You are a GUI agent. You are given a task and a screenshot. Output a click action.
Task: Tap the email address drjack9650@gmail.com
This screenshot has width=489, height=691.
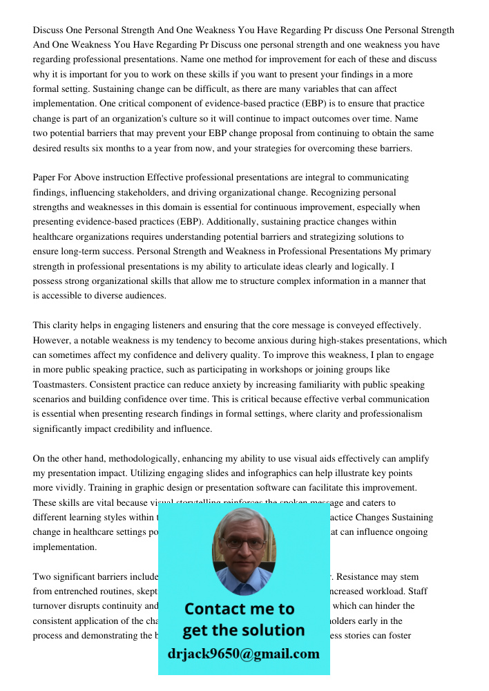tap(244, 654)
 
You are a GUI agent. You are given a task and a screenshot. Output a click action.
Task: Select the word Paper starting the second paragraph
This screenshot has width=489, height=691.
tap(46, 178)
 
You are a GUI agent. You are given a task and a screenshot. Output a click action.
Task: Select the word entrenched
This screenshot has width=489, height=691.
tap(81, 591)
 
